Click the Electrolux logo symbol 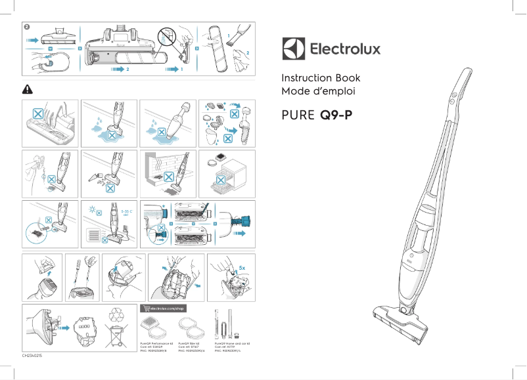click(x=293, y=49)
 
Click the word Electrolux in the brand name click(x=344, y=49)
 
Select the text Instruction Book click(x=321, y=78)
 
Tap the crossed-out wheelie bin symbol click(x=118, y=333)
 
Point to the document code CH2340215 click(x=34, y=354)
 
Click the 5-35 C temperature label click(x=127, y=213)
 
